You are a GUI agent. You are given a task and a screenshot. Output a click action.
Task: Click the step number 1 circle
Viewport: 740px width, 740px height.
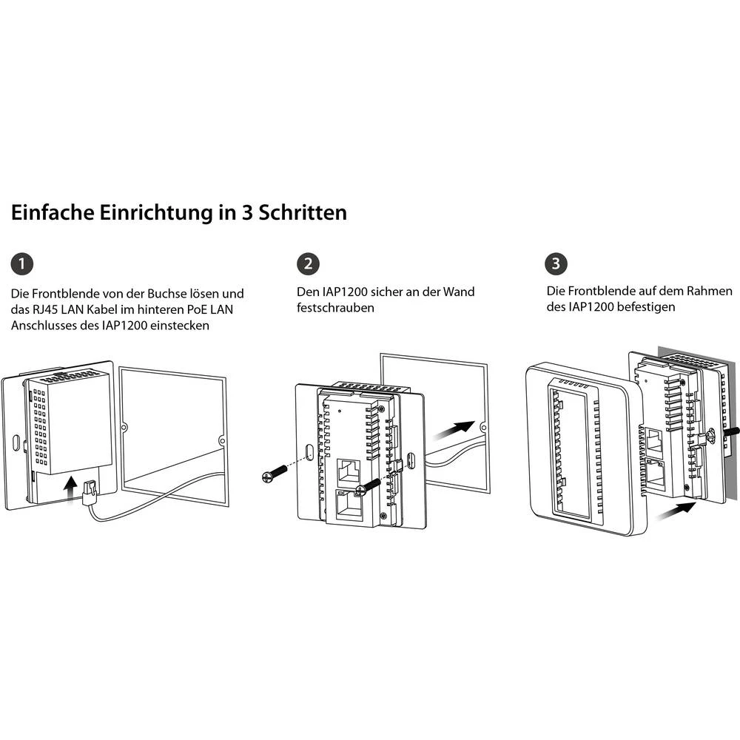23,263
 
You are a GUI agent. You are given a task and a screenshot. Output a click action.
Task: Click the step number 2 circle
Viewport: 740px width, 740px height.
307,263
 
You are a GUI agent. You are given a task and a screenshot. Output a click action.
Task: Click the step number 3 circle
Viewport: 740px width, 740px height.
556,263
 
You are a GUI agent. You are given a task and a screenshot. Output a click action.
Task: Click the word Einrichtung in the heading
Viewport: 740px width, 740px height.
148,213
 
